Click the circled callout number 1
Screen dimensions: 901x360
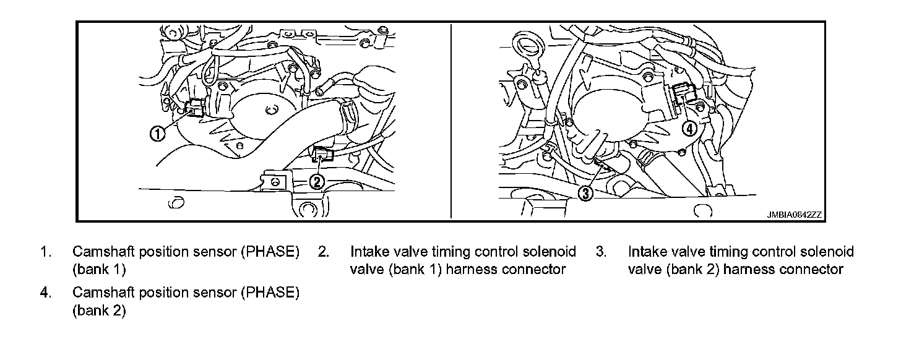tap(158, 132)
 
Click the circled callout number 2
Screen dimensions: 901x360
tap(316, 181)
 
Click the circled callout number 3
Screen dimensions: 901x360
tap(585, 194)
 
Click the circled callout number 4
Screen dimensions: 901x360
tap(689, 129)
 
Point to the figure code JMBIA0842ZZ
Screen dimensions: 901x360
tap(793, 214)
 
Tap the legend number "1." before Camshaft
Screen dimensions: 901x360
tap(45, 252)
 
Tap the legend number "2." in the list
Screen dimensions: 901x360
tap(323, 252)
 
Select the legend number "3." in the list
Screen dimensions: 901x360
tap(600, 252)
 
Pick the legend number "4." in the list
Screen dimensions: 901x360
tap(45, 293)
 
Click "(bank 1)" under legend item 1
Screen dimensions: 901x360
tap(99, 270)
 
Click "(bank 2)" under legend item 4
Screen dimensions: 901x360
tap(99, 311)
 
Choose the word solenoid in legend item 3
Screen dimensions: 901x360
tap(827, 252)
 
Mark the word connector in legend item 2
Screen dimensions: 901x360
tap(537, 270)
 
